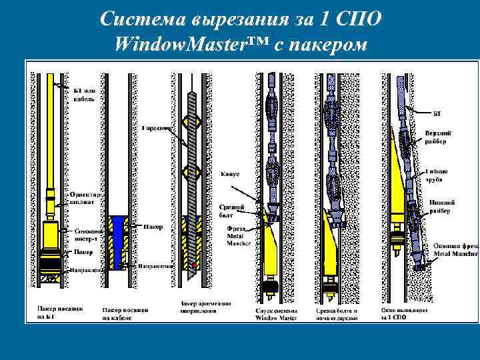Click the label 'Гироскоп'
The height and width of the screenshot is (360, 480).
click(157, 127)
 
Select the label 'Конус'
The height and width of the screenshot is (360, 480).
click(230, 174)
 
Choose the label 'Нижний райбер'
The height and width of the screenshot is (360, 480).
click(440, 208)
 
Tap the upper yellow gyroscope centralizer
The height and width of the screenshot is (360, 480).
click(193, 121)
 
